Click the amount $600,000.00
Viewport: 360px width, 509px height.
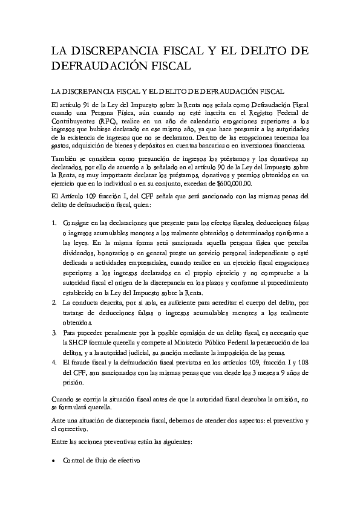(x=234, y=184)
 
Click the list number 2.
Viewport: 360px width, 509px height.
(x=54, y=302)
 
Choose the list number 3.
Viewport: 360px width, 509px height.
(x=54, y=333)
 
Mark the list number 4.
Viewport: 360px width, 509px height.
(x=54, y=361)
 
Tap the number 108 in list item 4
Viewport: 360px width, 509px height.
(x=301, y=361)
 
